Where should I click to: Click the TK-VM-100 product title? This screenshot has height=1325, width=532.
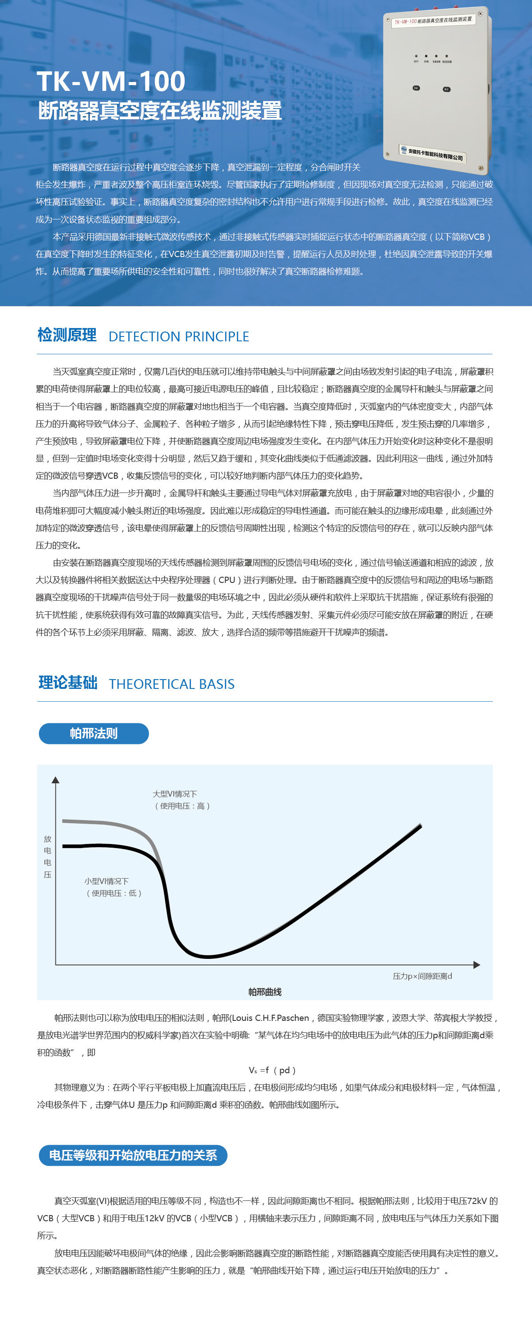tap(111, 81)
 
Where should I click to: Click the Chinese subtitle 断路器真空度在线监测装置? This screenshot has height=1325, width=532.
tap(160, 110)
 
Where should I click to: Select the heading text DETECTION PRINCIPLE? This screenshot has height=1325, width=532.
tap(179, 336)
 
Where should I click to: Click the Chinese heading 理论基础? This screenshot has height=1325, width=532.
tap(68, 683)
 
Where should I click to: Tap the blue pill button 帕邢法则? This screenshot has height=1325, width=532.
tap(94, 734)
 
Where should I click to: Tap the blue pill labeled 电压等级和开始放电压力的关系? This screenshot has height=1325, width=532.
tap(133, 1155)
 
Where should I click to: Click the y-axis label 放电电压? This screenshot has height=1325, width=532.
tap(47, 856)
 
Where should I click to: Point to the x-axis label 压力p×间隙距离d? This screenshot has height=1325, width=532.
tap(422, 976)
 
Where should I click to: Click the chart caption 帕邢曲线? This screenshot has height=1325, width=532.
tap(265, 992)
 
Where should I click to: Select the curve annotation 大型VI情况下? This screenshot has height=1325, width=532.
tap(175, 794)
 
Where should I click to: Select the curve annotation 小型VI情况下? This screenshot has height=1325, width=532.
tap(106, 881)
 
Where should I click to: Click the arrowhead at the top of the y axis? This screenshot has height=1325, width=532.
tap(55, 780)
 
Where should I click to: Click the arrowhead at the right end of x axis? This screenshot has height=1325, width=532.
tap(477, 965)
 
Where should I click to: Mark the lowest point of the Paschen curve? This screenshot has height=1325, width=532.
tap(208, 957)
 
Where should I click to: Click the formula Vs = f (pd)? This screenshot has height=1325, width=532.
tap(272, 1070)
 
